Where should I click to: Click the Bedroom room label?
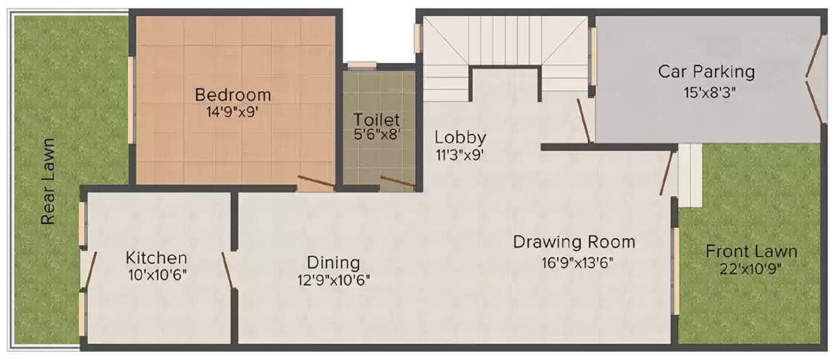233,95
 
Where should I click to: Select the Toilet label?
375,119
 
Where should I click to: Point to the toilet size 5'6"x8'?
375,133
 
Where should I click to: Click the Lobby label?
461,137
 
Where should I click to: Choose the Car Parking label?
706,71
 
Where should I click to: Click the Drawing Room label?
574,242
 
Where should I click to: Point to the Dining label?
333,262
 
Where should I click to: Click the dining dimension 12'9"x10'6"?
334,279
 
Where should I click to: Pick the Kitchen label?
156,257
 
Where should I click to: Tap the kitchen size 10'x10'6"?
156,274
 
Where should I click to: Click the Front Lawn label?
751,252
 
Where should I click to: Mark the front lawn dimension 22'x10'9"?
751,269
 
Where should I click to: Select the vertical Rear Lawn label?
48,181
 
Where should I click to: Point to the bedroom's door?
315,183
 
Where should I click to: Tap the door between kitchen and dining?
227,271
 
